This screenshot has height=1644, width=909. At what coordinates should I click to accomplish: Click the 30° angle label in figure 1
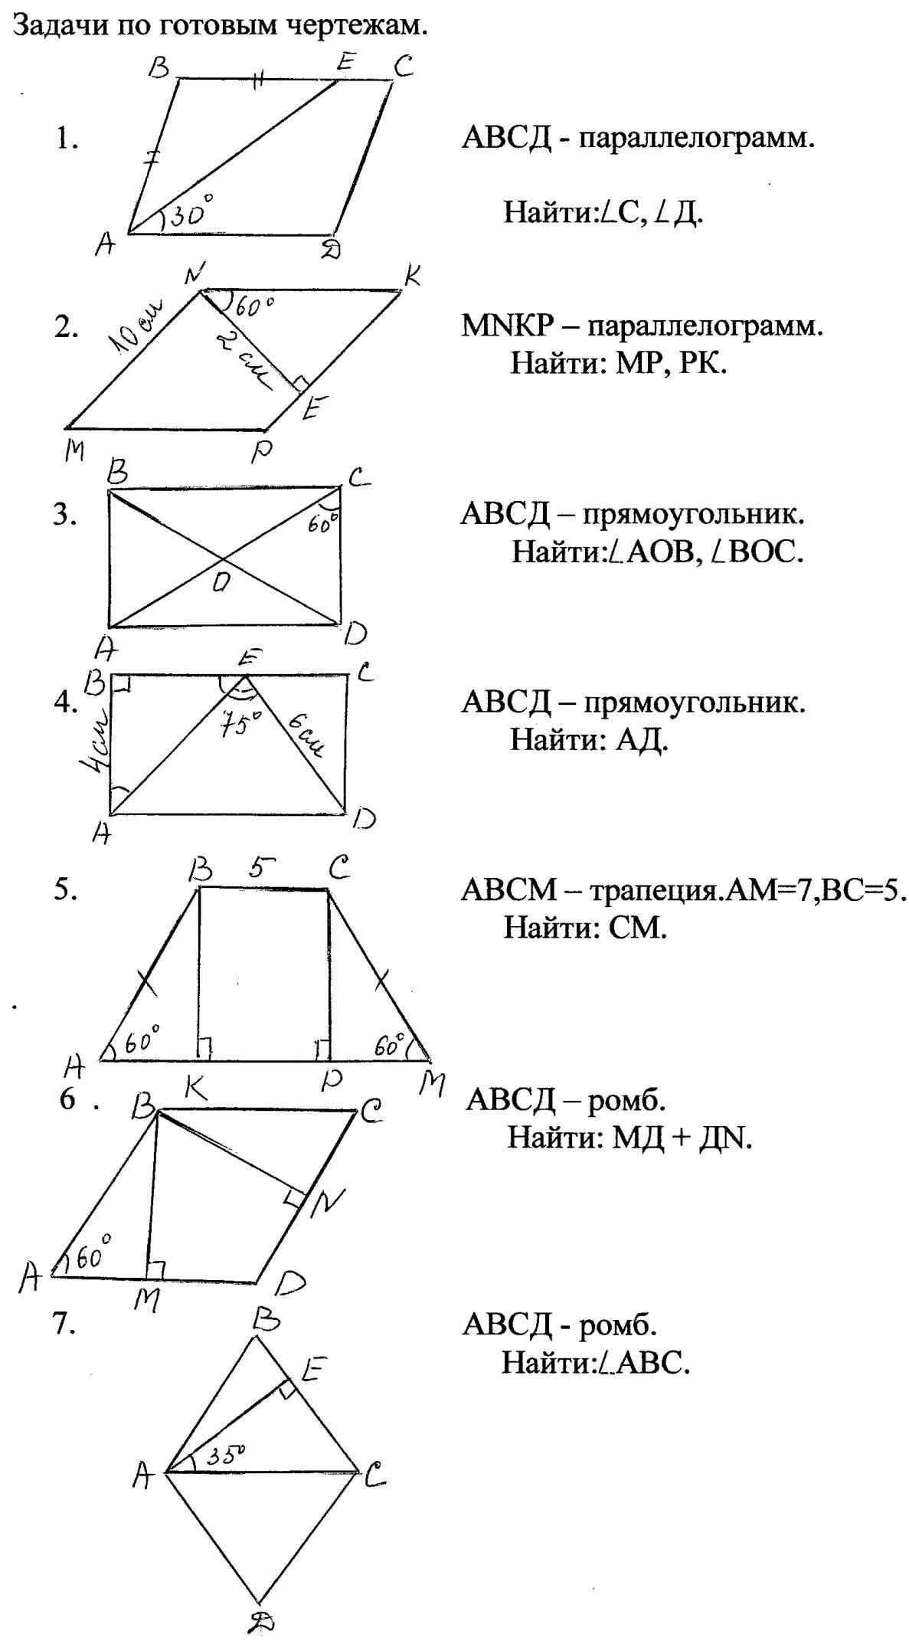point(190,212)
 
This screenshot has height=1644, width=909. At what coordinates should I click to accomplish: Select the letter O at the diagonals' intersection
point(221,583)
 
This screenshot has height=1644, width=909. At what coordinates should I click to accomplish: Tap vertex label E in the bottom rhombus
point(313,1367)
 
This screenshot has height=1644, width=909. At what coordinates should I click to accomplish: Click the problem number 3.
point(65,515)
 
